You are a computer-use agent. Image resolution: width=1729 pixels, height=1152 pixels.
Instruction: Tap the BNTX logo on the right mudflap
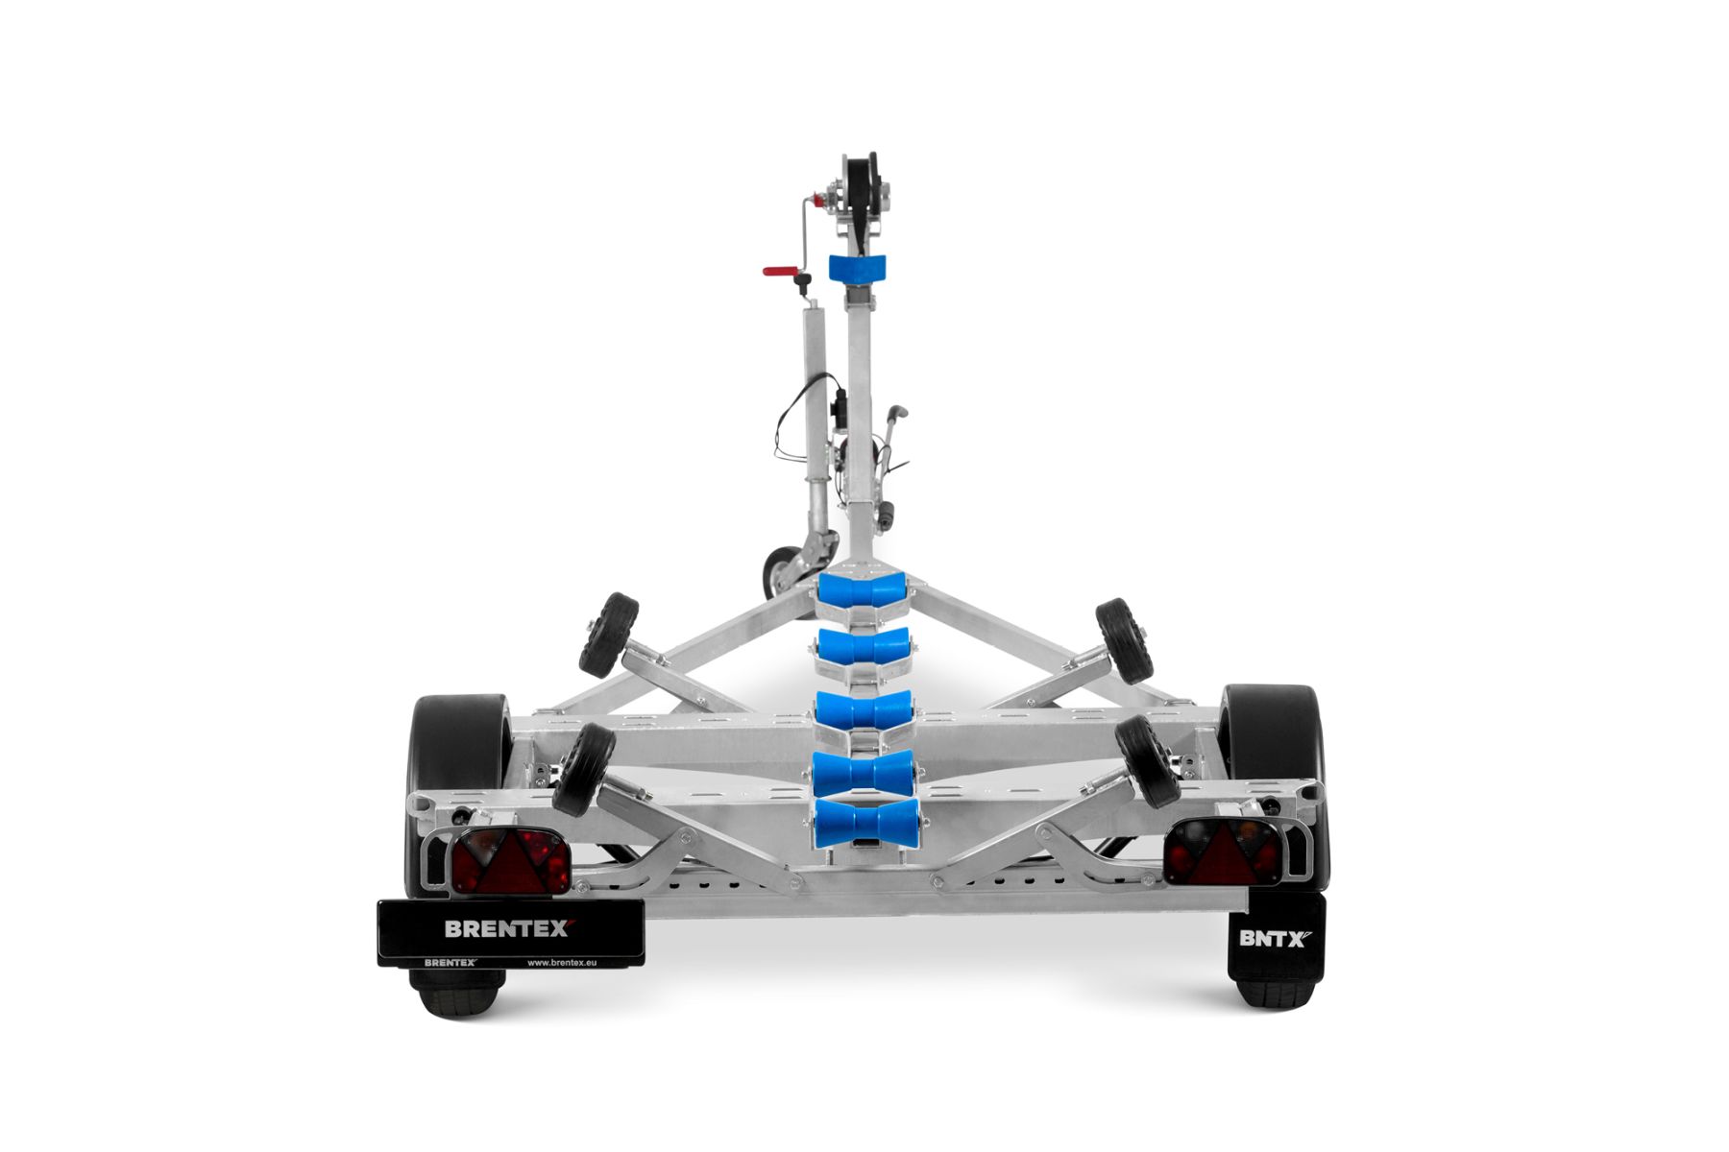(x=1275, y=938)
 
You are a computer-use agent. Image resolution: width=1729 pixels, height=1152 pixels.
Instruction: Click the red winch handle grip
(x=780, y=272)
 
